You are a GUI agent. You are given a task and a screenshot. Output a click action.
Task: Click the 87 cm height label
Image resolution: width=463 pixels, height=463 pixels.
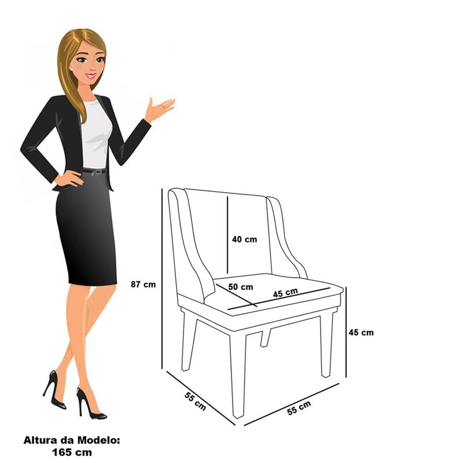point(143,284)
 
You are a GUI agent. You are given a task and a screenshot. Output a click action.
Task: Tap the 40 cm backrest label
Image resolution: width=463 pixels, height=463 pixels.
point(244,239)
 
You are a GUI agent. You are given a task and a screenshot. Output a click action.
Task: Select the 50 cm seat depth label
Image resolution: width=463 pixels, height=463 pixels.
point(241,286)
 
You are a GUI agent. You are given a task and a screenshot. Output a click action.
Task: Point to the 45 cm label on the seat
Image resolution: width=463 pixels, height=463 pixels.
point(285,293)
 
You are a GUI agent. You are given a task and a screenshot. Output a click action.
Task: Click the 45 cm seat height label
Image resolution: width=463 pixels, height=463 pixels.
point(361,332)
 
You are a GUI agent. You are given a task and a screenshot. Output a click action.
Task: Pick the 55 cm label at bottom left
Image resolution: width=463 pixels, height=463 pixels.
point(195,401)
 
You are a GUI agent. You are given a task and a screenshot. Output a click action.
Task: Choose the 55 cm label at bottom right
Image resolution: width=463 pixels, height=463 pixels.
point(299,408)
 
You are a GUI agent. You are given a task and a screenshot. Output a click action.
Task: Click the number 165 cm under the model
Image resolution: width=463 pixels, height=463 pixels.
point(72,452)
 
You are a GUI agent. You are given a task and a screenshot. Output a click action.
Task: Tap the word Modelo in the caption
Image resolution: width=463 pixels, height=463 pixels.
point(98,440)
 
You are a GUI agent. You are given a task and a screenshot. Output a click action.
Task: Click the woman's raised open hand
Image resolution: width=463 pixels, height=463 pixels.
point(160,109)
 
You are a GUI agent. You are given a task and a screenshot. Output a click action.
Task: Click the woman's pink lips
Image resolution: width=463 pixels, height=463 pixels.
point(91,76)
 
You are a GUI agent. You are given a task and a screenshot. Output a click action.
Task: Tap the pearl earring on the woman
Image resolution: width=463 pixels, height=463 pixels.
point(71,69)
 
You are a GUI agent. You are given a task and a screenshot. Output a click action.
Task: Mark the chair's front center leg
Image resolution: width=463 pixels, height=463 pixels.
point(238,375)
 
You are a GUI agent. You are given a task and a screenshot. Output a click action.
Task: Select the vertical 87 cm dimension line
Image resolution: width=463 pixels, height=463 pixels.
point(162,278)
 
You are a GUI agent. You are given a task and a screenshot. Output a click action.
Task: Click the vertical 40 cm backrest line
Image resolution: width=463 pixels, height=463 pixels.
point(227,235)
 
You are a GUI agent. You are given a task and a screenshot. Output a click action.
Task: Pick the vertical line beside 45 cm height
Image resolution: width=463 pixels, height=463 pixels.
point(346,332)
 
